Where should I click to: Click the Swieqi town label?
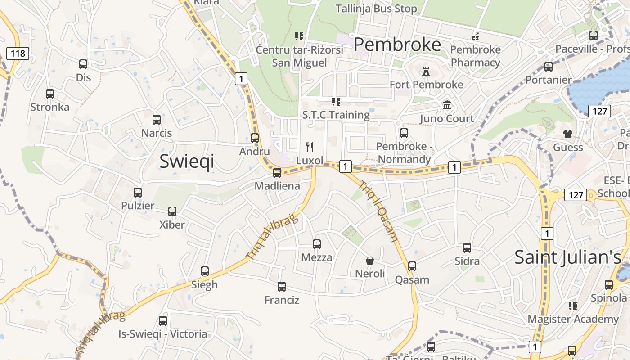tap(187, 161)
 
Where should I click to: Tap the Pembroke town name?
tap(397, 45)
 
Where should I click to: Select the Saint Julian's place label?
tap(567, 257)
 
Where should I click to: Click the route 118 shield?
tap(18, 54)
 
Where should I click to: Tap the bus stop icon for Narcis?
tap(157, 120)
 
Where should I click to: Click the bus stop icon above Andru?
tap(255, 138)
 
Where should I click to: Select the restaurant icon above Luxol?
tap(310, 147)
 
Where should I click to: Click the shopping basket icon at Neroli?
tap(370, 260)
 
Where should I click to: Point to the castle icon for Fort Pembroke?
tap(426, 71)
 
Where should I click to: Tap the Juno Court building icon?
tap(447, 105)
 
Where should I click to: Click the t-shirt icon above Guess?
tap(568, 134)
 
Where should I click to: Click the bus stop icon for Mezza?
tap(317, 244)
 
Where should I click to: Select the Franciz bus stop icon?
tap(282, 286)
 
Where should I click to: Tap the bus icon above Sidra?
tap(467, 247)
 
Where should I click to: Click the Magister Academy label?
tap(573, 319)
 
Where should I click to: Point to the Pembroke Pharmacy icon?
tap(475, 36)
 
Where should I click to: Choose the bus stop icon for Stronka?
tap(50, 94)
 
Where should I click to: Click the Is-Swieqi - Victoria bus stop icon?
tap(163, 321)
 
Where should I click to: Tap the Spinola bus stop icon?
tap(609, 284)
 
